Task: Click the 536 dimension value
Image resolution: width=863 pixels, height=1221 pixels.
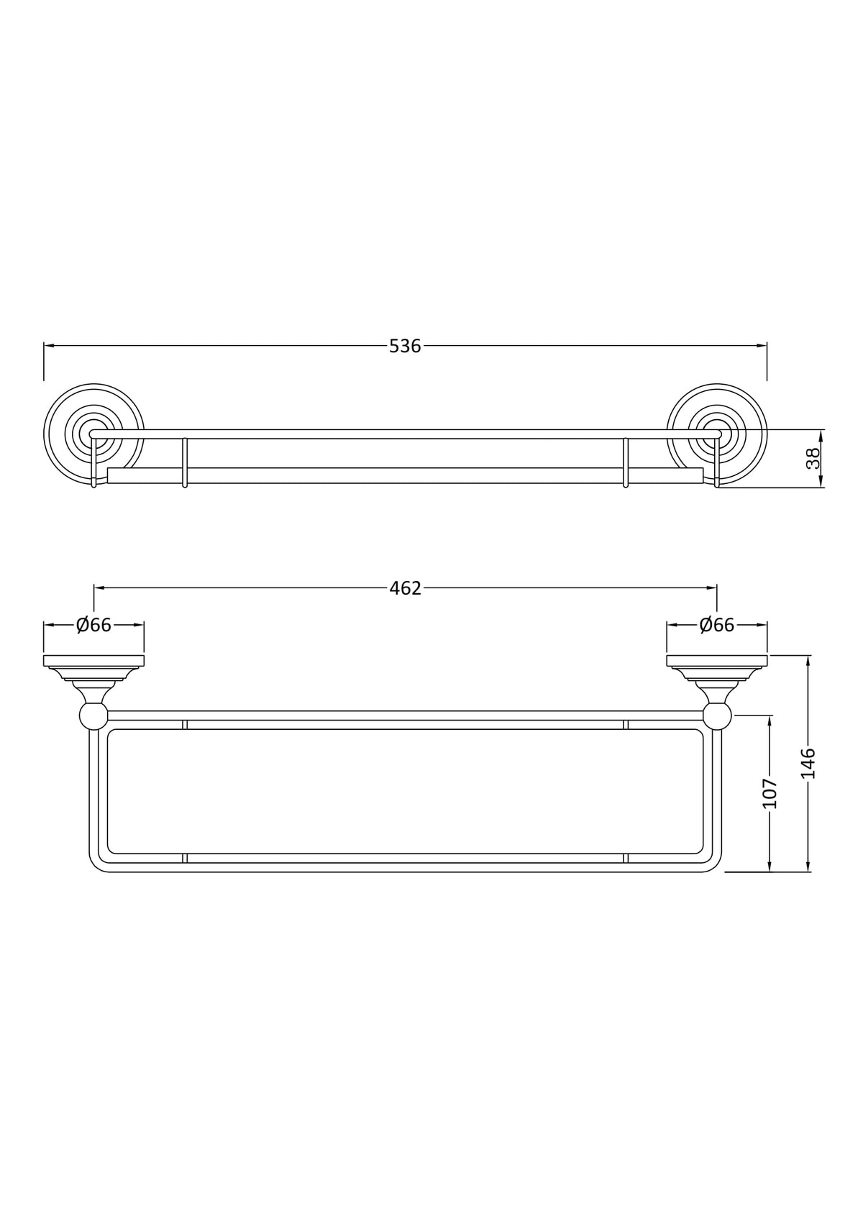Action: pos(405,346)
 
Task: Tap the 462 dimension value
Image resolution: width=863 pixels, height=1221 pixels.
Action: pos(406,588)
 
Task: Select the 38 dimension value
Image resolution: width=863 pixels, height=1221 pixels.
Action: pos(813,459)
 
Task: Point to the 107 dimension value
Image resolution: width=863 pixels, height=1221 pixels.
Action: pos(770,793)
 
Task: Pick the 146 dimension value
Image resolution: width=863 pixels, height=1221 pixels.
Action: pos(808,763)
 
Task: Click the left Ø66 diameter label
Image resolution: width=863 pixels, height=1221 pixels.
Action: pos(93,625)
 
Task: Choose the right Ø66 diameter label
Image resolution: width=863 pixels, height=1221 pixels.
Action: pos(717,625)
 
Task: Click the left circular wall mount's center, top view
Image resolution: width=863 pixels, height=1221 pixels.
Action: pos(93,434)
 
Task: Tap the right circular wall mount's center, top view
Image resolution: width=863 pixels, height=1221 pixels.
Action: pos(716,434)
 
